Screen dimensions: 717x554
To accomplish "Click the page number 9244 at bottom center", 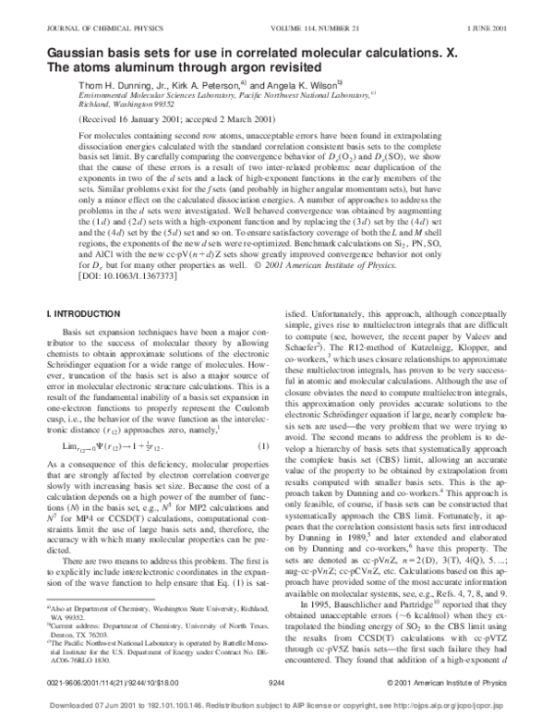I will point(277,682).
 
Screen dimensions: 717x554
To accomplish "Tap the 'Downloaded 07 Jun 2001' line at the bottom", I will point(277,703).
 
